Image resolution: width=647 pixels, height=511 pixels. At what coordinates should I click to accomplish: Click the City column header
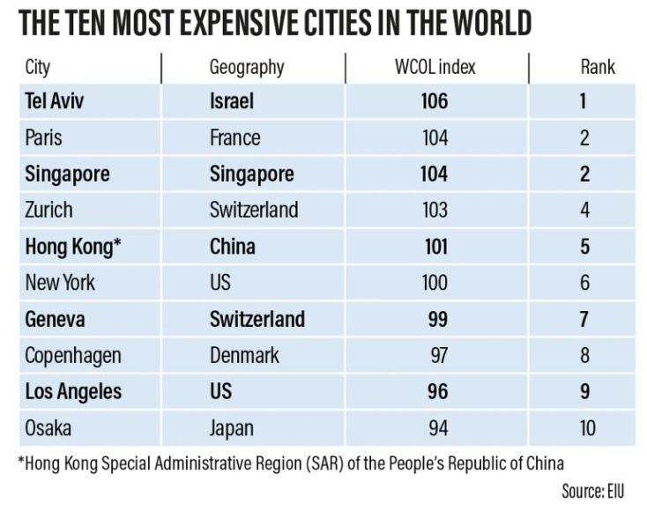click(38, 67)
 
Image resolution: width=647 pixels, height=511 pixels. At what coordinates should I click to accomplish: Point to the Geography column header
click(247, 67)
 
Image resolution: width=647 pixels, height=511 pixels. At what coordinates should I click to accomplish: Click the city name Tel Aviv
click(55, 101)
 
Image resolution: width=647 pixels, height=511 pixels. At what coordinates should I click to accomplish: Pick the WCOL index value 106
click(434, 101)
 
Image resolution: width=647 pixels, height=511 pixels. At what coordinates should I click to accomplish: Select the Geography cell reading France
click(234, 137)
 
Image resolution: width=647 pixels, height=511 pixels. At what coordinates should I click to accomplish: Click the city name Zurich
click(49, 210)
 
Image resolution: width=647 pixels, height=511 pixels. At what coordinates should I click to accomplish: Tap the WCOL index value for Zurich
click(434, 210)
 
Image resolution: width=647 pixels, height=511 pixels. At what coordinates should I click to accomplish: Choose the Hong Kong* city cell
click(72, 246)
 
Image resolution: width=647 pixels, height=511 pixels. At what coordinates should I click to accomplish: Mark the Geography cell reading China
click(233, 246)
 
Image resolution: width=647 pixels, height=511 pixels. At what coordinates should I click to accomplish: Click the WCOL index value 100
click(434, 283)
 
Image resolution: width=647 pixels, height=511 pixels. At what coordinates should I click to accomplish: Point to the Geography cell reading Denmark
click(244, 355)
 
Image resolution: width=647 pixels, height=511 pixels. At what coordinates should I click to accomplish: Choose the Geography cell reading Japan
click(232, 428)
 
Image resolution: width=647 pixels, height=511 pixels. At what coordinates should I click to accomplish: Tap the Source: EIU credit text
click(592, 491)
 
